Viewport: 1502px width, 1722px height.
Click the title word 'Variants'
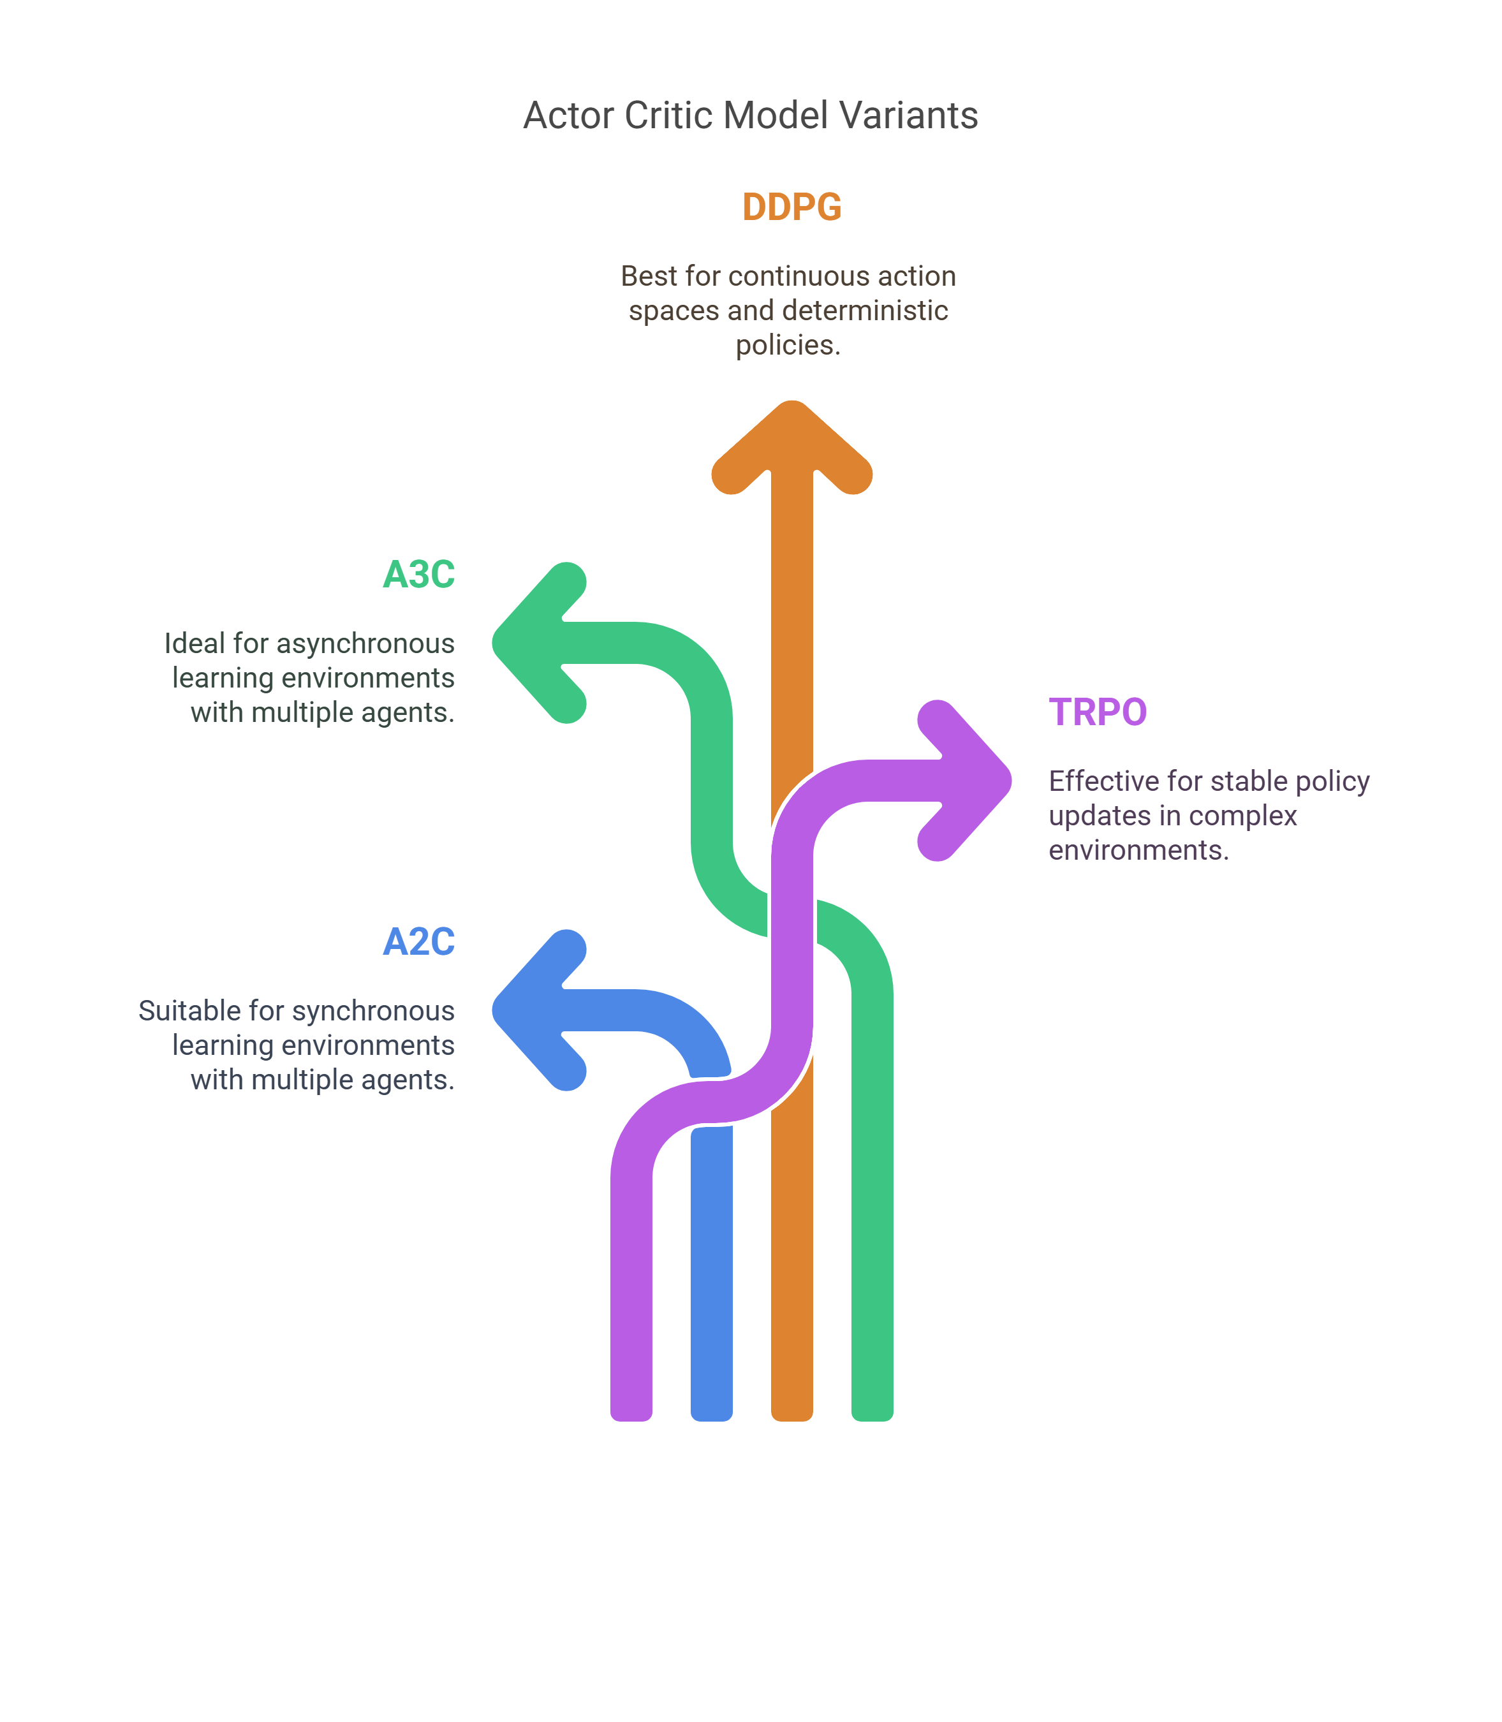(909, 115)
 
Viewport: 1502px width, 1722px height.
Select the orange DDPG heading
(792, 207)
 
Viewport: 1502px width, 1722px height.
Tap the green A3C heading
(419, 574)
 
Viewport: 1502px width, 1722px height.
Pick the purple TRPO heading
(1098, 712)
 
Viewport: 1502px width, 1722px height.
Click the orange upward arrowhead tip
(792, 403)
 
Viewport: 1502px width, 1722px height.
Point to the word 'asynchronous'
(365, 644)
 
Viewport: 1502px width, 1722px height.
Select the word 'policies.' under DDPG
(788, 345)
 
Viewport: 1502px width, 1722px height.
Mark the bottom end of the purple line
(631, 1420)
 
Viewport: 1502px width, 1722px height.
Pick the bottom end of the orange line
(792, 1420)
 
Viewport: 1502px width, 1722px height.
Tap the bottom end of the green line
(872, 1420)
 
